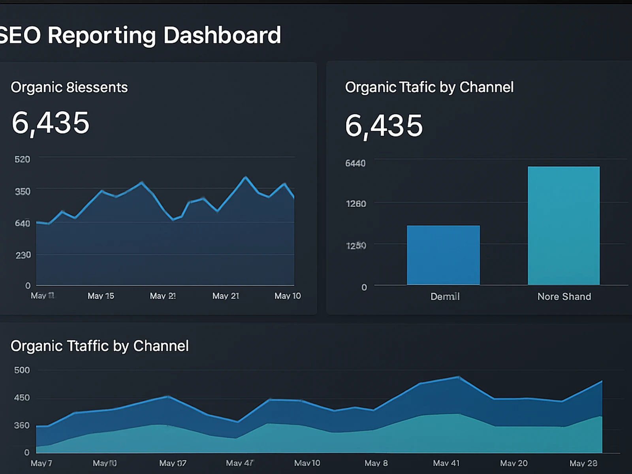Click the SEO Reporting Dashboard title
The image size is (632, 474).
pyautogui.click(x=140, y=35)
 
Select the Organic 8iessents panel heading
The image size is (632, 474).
pyautogui.click(x=69, y=87)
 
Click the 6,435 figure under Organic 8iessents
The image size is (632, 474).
pyautogui.click(x=51, y=123)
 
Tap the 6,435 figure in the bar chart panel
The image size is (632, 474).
pyautogui.click(x=384, y=126)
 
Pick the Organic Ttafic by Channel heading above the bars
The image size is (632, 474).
pyautogui.click(x=429, y=87)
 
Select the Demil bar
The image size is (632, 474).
pyautogui.click(x=443, y=255)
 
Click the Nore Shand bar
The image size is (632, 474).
pyautogui.click(x=564, y=225)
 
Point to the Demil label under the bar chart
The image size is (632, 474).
pyautogui.click(x=445, y=297)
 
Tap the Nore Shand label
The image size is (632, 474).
pyautogui.click(x=564, y=297)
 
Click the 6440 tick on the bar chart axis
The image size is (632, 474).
pyautogui.click(x=355, y=163)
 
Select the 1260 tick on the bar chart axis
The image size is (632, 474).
pyautogui.click(x=356, y=204)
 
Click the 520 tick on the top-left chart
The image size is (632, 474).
pyautogui.click(x=22, y=160)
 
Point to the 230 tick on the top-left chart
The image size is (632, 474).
pyautogui.click(x=23, y=255)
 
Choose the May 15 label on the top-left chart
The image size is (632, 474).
pyautogui.click(x=101, y=296)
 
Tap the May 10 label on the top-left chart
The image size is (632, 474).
pyautogui.click(x=288, y=296)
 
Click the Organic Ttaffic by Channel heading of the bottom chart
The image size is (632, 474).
pyautogui.click(x=100, y=346)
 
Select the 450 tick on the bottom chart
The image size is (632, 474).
pyautogui.click(x=22, y=398)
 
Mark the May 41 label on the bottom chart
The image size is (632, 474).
pyautogui.click(x=446, y=463)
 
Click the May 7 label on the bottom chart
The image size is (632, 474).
pyautogui.click(x=41, y=463)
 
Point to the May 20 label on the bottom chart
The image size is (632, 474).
pyautogui.click(x=513, y=463)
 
